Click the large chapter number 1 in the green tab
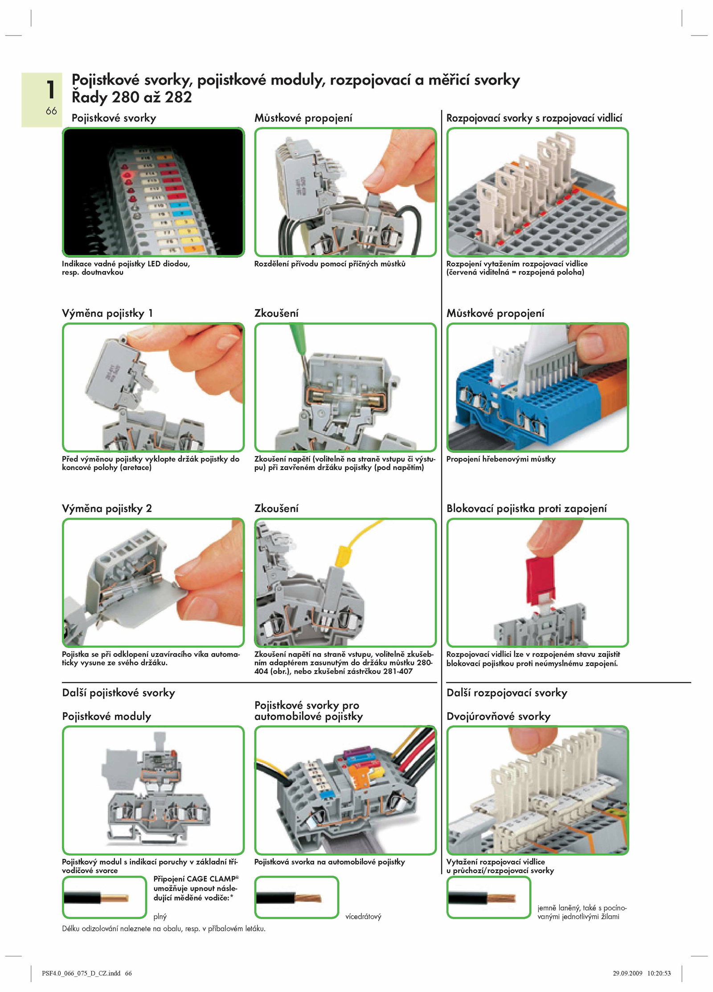click(50, 89)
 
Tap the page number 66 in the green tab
click(51, 111)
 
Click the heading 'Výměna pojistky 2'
click(107, 508)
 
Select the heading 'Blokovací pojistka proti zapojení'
click(527, 508)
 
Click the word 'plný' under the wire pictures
click(160, 917)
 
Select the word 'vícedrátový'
click(363, 917)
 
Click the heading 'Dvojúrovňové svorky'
click(499, 716)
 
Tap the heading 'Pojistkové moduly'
click(107, 716)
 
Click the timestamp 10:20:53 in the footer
click(659, 973)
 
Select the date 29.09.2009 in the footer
click(627, 973)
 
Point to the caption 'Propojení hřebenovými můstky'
click(501, 459)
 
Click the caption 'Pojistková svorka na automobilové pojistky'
click(330, 862)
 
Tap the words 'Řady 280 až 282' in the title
click(132, 97)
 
